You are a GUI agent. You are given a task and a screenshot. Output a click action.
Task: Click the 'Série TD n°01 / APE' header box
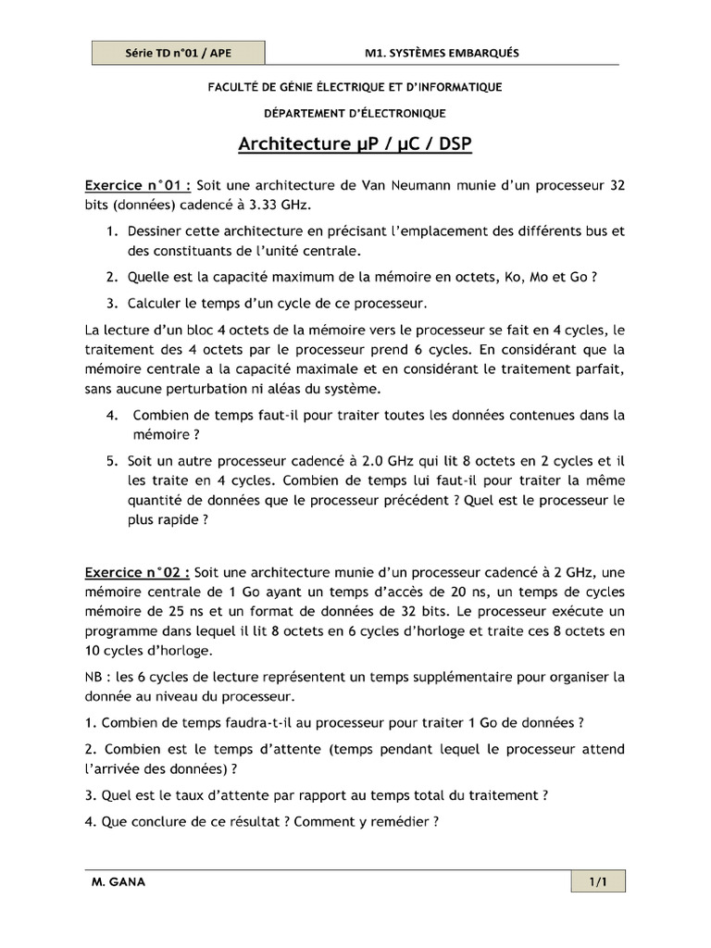point(179,53)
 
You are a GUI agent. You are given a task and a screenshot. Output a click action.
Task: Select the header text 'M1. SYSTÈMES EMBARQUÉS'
point(442,53)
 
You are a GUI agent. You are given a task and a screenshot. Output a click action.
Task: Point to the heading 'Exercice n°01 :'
point(138,185)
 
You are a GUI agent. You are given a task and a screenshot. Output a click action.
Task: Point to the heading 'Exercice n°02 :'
point(138,572)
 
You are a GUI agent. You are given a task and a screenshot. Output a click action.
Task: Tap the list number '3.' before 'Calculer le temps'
point(111,302)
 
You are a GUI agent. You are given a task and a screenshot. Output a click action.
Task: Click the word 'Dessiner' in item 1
point(156,229)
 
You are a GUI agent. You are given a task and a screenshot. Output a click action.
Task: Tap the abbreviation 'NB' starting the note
point(94,676)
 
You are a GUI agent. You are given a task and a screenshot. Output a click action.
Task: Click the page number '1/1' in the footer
point(597,882)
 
